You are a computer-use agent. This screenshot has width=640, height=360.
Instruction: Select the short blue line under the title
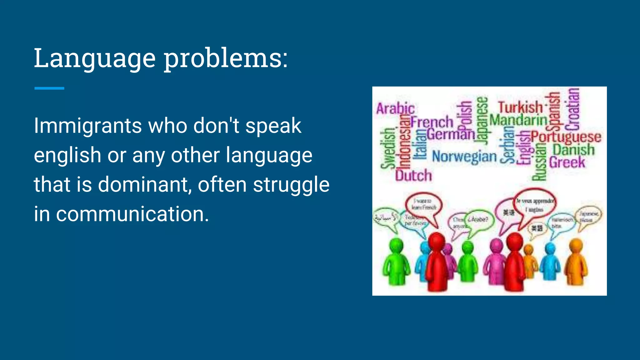(x=49, y=88)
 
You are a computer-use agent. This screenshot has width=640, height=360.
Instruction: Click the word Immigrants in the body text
(x=88, y=126)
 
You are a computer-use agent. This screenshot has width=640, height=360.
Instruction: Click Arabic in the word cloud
(x=395, y=108)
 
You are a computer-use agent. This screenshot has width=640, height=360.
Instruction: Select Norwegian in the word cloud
(x=464, y=156)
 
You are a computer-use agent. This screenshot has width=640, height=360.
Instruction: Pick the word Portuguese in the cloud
(x=566, y=137)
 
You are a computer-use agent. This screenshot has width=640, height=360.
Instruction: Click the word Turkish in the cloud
(x=520, y=107)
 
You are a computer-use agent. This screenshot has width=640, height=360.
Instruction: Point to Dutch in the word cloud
(x=413, y=176)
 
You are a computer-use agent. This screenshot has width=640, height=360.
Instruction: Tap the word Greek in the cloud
(x=567, y=162)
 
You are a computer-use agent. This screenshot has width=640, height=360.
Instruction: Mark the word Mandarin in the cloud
(x=518, y=120)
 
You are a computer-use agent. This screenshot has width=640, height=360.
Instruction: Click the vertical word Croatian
(x=574, y=109)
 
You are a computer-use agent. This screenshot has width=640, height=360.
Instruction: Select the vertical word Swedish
(x=387, y=148)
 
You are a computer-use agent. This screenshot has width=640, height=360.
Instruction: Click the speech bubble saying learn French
(x=424, y=204)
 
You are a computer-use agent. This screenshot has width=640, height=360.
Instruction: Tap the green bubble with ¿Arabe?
(x=478, y=220)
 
